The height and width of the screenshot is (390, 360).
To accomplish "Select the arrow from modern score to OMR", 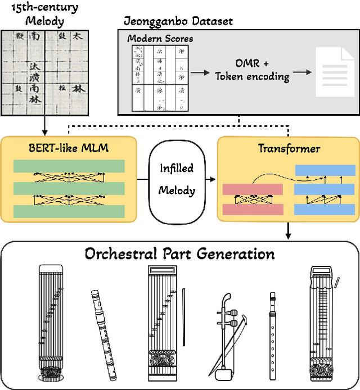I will pyautogui.click(x=199, y=72).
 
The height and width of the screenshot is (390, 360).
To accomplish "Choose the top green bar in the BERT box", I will pyautogui.click(x=69, y=167).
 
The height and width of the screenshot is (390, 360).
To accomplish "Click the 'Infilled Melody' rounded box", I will pyautogui.click(x=177, y=179).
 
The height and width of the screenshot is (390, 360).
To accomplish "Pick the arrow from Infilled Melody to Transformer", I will pyautogui.click(x=209, y=179).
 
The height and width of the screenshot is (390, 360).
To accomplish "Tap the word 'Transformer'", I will pyautogui.click(x=289, y=148).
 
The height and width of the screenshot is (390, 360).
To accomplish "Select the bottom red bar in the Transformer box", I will pyautogui.click(x=253, y=209).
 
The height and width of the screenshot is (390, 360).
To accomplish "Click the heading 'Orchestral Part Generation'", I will pyautogui.click(x=179, y=253).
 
